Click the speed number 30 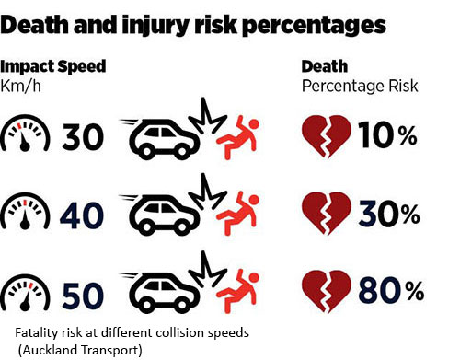pyautogui.click(x=86, y=137)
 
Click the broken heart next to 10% pyautogui.click(x=326, y=135)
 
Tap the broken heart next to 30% pyautogui.click(x=326, y=214)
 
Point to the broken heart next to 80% pyautogui.click(x=326, y=292)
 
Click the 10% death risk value pyautogui.click(x=385, y=136)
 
